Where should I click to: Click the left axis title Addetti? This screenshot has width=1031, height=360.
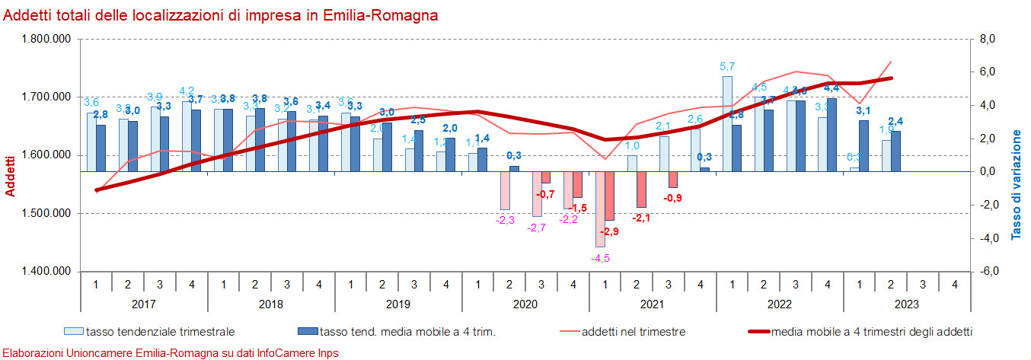[11, 176]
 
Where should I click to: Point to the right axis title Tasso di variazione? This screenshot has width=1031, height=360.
[1017, 185]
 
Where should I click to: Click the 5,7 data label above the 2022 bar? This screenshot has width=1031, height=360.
[727, 66]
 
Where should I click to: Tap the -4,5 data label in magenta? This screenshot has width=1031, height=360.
[600, 257]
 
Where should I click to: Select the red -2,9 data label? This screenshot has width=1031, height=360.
[609, 231]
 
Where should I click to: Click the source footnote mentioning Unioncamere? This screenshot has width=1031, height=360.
[171, 353]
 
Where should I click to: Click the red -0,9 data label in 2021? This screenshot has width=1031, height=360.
[672, 199]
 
